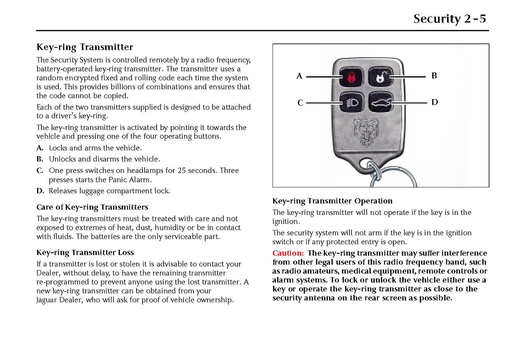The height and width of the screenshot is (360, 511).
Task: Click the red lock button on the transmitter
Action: pyautogui.click(x=351, y=76)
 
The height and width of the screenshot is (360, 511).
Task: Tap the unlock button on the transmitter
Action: pyautogui.click(x=381, y=76)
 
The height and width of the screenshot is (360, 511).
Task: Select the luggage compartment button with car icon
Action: pyautogui.click(x=381, y=103)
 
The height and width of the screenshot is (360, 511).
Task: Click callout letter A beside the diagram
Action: pyautogui.click(x=299, y=76)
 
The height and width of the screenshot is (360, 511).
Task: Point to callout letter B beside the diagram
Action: pyautogui.click(x=434, y=76)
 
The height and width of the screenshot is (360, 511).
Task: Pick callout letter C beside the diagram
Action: pyautogui.click(x=300, y=103)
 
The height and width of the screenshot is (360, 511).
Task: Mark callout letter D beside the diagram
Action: pyautogui.click(x=435, y=102)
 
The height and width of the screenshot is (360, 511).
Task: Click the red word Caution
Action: pyautogui.click(x=288, y=253)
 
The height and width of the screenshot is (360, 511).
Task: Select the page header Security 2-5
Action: pyautogui.click(x=449, y=18)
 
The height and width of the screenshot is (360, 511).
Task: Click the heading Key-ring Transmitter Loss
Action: pyautogui.click(x=85, y=252)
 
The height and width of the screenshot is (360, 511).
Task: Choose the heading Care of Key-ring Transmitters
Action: pyautogui.click(x=92, y=207)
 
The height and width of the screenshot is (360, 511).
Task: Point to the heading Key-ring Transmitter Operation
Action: pyautogui.click(x=332, y=201)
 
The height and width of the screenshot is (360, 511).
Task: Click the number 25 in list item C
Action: pyautogui.click(x=182, y=170)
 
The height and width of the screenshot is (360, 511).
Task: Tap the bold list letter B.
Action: pyautogui.click(x=40, y=159)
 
